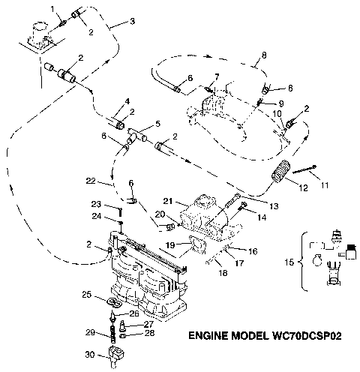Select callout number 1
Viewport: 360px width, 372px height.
pos(53,8)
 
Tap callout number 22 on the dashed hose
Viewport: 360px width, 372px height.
pos(91,181)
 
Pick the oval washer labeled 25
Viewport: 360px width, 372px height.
pos(114,302)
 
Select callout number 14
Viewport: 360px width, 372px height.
pos(261,217)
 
